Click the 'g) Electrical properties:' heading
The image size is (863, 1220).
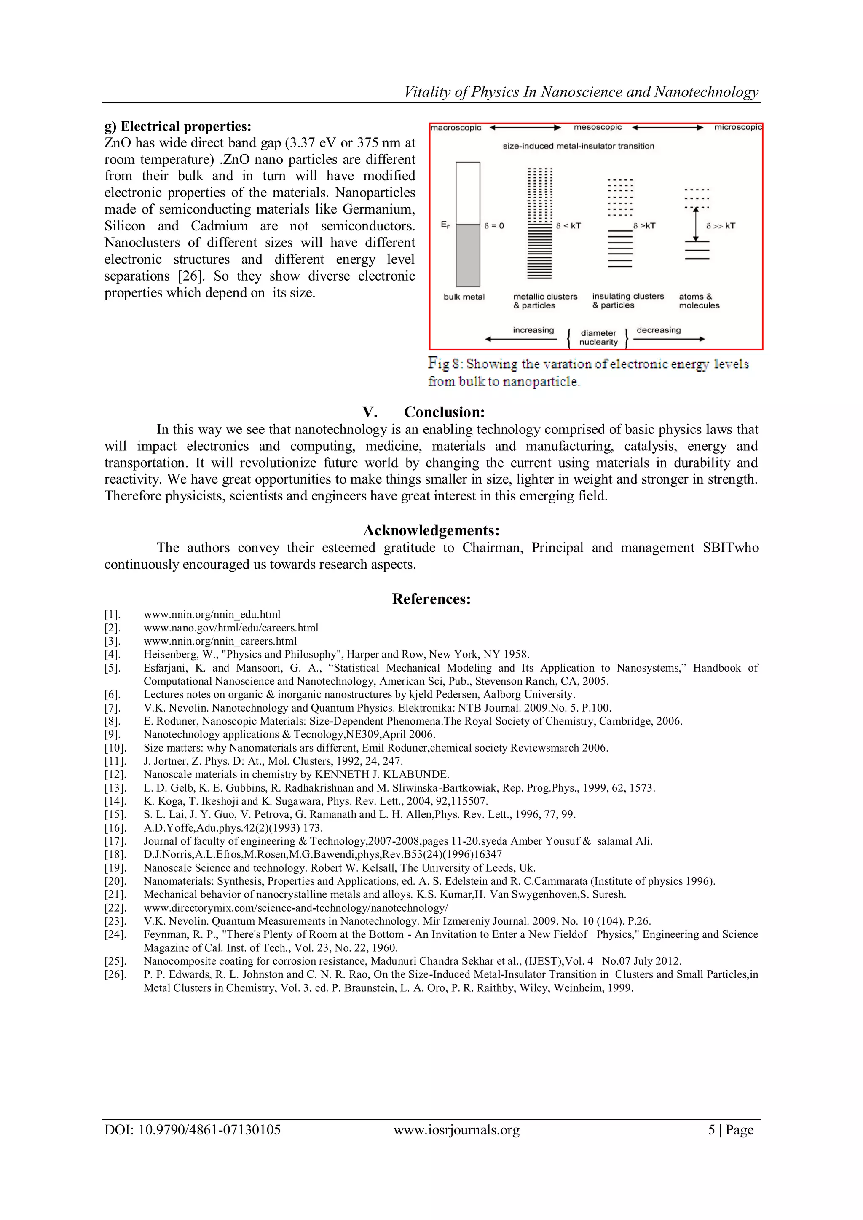[x=177, y=126]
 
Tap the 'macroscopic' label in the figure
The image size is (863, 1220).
[x=456, y=128]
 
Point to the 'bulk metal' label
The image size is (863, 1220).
[x=464, y=297]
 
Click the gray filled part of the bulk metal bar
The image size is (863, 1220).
[x=468, y=255]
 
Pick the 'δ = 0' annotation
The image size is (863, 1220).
[x=494, y=226]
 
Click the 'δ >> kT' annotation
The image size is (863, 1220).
[x=721, y=226]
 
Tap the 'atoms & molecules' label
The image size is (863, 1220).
[x=699, y=301]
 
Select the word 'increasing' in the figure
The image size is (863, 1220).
[x=533, y=330]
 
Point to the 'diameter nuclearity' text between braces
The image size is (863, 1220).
[x=598, y=337]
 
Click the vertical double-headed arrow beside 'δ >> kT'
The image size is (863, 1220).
[x=696, y=224]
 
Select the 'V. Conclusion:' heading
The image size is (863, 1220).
[x=423, y=412]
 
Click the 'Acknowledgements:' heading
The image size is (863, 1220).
[x=431, y=530]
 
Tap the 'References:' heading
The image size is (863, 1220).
[x=431, y=599]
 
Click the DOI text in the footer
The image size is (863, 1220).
[x=193, y=1130]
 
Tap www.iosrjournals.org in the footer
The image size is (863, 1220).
[x=456, y=1130]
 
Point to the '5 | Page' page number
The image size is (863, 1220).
[x=731, y=1130]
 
